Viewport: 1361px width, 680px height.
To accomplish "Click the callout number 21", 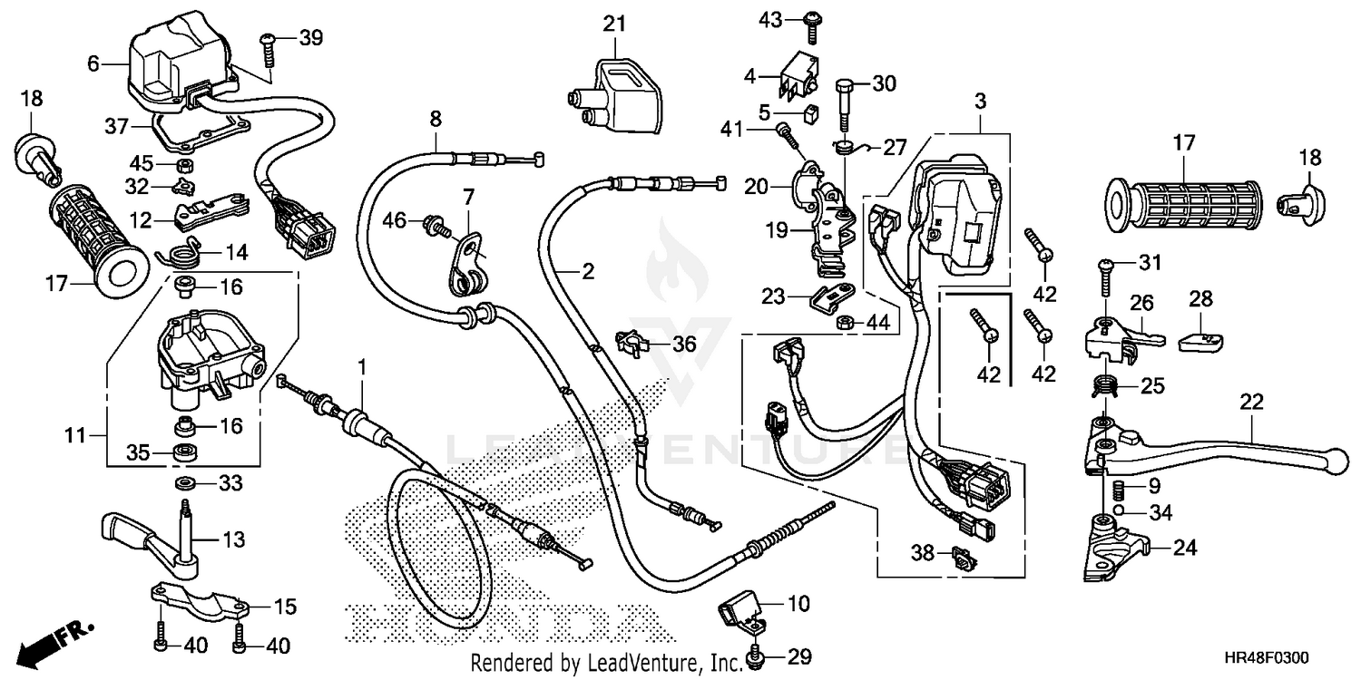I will (615, 24).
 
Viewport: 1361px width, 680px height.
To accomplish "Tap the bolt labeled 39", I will (269, 44).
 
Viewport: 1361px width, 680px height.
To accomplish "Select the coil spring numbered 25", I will (1102, 386).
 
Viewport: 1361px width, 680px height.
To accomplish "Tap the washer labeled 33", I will (185, 481).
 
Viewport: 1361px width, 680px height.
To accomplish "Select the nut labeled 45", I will (180, 165).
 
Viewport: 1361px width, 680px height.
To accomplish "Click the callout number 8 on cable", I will (436, 118).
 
